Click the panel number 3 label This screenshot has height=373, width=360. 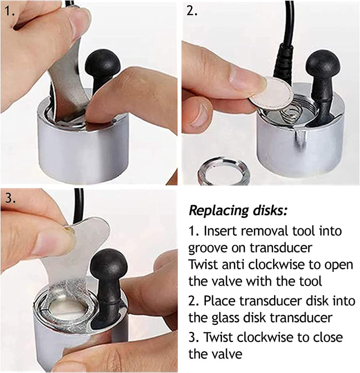click(x=9, y=198)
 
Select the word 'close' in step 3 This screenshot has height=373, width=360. click(x=324, y=338)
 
